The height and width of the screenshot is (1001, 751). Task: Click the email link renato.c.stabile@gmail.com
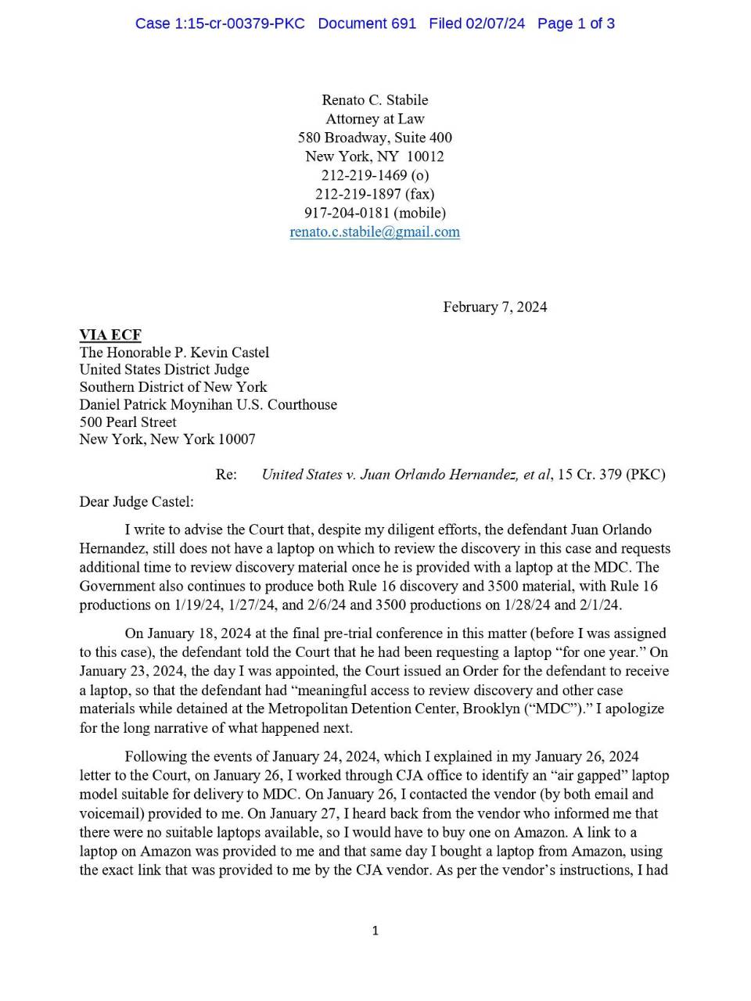(x=375, y=231)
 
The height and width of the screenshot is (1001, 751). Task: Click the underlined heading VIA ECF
(x=110, y=335)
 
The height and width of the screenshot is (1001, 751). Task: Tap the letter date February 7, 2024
(x=494, y=307)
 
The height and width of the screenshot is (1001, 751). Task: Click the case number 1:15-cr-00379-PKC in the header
(x=220, y=23)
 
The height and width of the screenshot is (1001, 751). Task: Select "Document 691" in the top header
(x=367, y=23)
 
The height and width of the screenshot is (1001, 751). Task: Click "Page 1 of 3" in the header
(x=576, y=23)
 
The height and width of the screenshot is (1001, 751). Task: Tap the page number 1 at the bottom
(x=375, y=930)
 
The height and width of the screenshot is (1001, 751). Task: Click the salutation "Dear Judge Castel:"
(x=136, y=501)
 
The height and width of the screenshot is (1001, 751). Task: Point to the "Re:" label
(x=226, y=474)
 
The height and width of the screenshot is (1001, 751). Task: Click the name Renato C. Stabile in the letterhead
(x=375, y=100)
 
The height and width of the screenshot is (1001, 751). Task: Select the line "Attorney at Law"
(x=375, y=119)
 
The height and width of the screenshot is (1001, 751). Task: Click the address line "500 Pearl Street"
(x=128, y=422)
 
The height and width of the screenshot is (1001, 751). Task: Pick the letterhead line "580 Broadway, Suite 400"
(x=375, y=138)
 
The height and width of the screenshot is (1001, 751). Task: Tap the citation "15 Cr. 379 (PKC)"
(x=611, y=474)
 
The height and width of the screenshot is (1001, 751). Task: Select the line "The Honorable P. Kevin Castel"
(x=174, y=352)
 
